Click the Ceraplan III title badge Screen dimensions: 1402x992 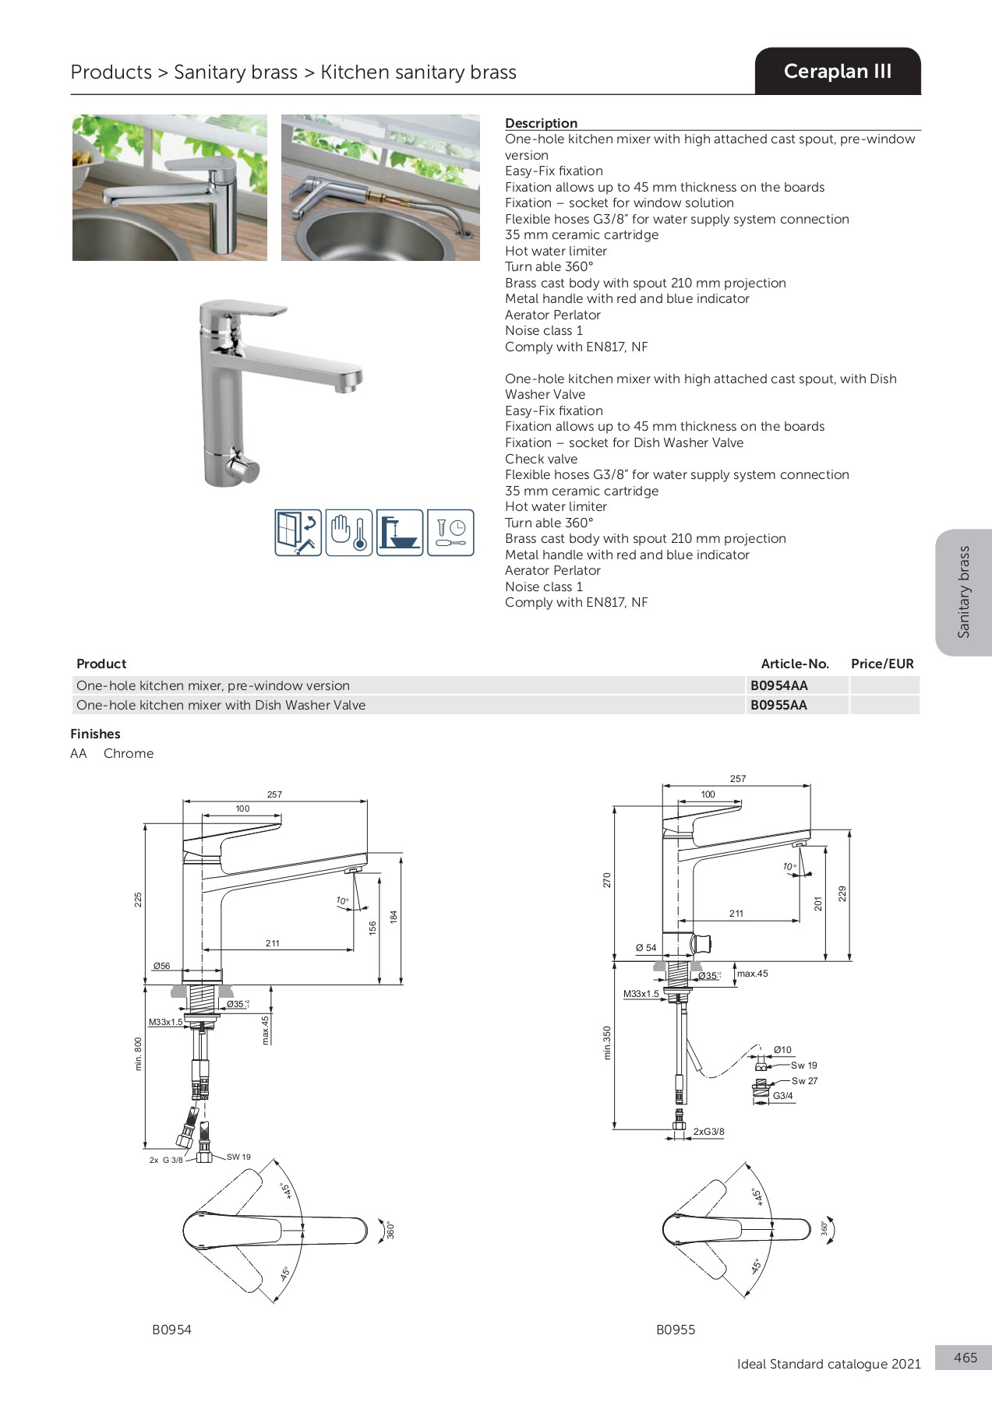click(x=837, y=72)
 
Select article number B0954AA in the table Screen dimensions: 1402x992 click(x=778, y=685)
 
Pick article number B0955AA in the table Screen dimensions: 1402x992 click(x=778, y=705)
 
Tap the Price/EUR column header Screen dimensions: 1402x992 click(x=882, y=664)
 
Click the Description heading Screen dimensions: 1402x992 click(x=541, y=123)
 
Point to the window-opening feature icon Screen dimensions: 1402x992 click(x=298, y=533)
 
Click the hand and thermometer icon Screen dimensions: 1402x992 click(x=348, y=533)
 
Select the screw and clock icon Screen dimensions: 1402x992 click(x=450, y=533)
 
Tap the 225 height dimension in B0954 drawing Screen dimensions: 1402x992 click(x=139, y=900)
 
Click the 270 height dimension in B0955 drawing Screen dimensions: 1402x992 click(x=607, y=879)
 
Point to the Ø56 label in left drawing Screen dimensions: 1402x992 click(x=161, y=966)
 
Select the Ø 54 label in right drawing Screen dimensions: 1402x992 click(x=645, y=948)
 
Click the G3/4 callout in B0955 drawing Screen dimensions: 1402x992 click(x=782, y=1096)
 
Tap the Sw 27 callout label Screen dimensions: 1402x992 click(x=804, y=1081)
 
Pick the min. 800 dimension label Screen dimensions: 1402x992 click(x=139, y=1054)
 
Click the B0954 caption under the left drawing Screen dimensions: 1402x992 click(x=171, y=1330)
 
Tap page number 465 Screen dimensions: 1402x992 click(x=965, y=1358)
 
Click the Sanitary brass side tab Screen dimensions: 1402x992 click(x=964, y=592)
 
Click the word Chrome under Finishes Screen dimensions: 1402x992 click(x=129, y=753)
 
